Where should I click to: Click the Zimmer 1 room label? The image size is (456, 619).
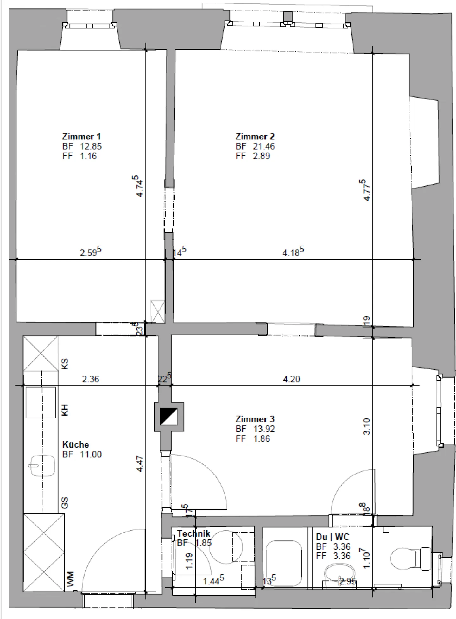[81, 137]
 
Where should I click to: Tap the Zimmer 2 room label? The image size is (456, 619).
[255, 137]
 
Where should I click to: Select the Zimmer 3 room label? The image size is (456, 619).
[255, 419]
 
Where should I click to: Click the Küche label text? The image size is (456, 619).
[75, 444]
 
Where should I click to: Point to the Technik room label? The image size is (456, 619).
[193, 533]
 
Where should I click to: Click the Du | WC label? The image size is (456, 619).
[332, 537]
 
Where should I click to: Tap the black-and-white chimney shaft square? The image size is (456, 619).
[168, 416]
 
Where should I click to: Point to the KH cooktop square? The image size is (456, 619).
[41, 402]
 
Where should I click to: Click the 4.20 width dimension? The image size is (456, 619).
[291, 379]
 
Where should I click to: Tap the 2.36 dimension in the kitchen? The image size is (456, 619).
[91, 379]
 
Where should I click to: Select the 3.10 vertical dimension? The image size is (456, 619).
[367, 426]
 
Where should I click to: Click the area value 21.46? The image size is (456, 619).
[263, 146]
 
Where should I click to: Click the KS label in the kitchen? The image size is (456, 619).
[65, 364]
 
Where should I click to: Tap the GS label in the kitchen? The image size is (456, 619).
[65, 503]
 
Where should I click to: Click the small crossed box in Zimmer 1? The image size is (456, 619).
[158, 311]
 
